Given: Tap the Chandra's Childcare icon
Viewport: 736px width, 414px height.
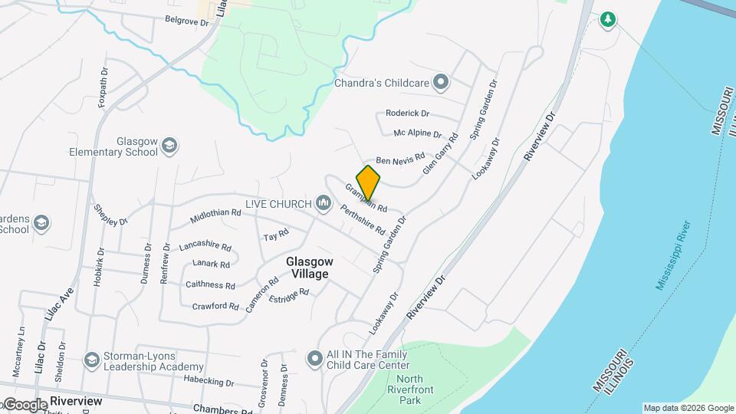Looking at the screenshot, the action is (x=440, y=80).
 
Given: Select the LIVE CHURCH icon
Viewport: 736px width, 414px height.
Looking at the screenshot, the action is (x=323, y=203).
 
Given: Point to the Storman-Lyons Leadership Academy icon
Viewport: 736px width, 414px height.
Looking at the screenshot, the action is (x=92, y=360).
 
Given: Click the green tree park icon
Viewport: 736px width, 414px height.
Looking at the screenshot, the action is (x=608, y=19).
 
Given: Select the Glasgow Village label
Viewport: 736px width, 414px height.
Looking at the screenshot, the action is (x=307, y=268).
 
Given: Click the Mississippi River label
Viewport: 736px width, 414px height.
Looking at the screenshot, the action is (x=674, y=255).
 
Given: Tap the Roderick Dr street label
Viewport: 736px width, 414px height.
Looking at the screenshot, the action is (x=407, y=113).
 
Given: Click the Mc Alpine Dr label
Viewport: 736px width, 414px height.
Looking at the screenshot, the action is (x=417, y=133).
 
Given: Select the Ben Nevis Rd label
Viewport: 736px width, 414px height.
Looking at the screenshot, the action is (x=399, y=157).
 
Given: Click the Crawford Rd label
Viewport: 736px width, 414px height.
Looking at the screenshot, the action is (x=215, y=306).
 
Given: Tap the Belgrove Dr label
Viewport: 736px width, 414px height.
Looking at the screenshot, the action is (x=186, y=22).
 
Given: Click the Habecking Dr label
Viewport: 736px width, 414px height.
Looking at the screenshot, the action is (x=208, y=381).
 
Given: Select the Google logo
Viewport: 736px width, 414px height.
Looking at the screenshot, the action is (x=25, y=404).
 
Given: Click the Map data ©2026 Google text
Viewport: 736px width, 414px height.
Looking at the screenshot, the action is (x=688, y=408).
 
